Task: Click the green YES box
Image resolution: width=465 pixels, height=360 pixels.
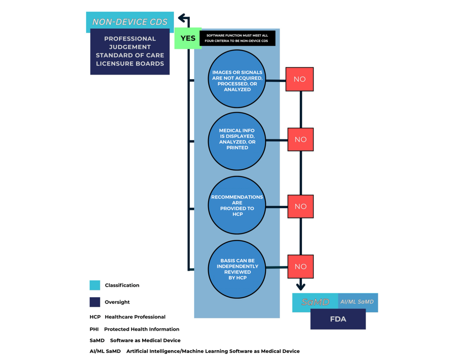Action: [x=188, y=38]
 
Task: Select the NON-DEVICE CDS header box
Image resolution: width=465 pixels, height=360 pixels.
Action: [x=130, y=22]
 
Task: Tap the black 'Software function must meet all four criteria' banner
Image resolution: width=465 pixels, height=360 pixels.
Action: [x=237, y=38]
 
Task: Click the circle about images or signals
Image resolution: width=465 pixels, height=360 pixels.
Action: [x=237, y=79]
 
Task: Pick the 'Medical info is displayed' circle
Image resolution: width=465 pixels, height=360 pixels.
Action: [x=237, y=141]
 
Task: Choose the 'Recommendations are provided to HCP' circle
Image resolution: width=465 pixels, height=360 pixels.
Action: [x=237, y=205]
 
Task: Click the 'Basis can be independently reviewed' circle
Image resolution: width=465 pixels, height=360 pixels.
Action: [x=237, y=269]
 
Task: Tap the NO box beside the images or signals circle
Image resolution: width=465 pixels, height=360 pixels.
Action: [x=299, y=79]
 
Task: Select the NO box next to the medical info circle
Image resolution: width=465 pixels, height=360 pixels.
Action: [x=300, y=139]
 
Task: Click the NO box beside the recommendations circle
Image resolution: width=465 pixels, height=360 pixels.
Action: [x=300, y=206]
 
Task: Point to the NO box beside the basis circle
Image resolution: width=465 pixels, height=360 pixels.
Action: [x=300, y=266]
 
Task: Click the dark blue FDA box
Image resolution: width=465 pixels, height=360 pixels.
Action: [x=338, y=319]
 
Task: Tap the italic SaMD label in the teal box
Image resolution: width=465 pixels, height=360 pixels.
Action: [x=315, y=302]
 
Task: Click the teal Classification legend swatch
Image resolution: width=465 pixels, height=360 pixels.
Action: [x=95, y=285]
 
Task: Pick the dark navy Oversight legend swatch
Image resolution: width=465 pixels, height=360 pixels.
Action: [x=95, y=302]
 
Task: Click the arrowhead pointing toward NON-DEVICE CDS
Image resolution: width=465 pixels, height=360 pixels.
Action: [x=182, y=18]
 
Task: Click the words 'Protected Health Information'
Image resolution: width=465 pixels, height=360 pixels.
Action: [x=142, y=329]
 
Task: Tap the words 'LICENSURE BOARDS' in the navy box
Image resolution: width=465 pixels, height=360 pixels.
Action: [x=130, y=64]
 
